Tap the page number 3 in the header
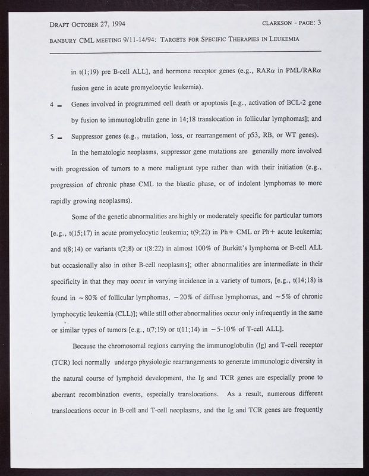click(319, 24)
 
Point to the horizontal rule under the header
click(184, 53)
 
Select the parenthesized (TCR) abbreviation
click(62, 362)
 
